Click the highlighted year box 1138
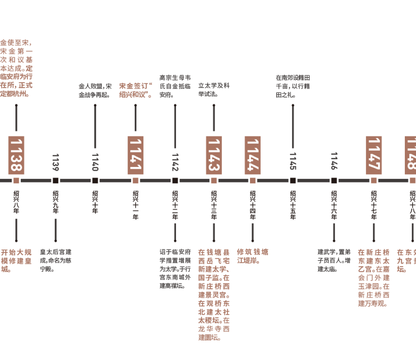pos(16,155)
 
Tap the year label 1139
pos(55,162)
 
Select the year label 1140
pos(95,162)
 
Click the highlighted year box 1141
pos(136,155)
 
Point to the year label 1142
pos(175,162)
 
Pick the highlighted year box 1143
pos(214,155)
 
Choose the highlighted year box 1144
pos(253,155)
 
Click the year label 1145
pos(293,161)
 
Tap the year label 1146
pos(334,161)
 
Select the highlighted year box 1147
pos(374,155)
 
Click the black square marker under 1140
pos(95,180)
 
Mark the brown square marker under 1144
pos(253,180)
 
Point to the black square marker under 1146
pos(334,180)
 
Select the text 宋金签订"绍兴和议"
pos(136,90)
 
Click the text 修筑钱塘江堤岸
pos(253,256)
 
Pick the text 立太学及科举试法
pos(214,90)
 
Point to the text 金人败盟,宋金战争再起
pos(95,90)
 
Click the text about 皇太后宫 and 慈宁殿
pos(56,261)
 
